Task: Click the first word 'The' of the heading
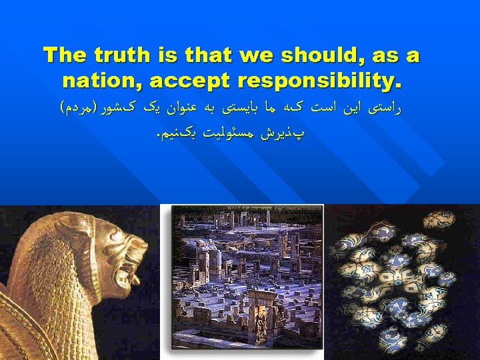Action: [65, 55]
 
